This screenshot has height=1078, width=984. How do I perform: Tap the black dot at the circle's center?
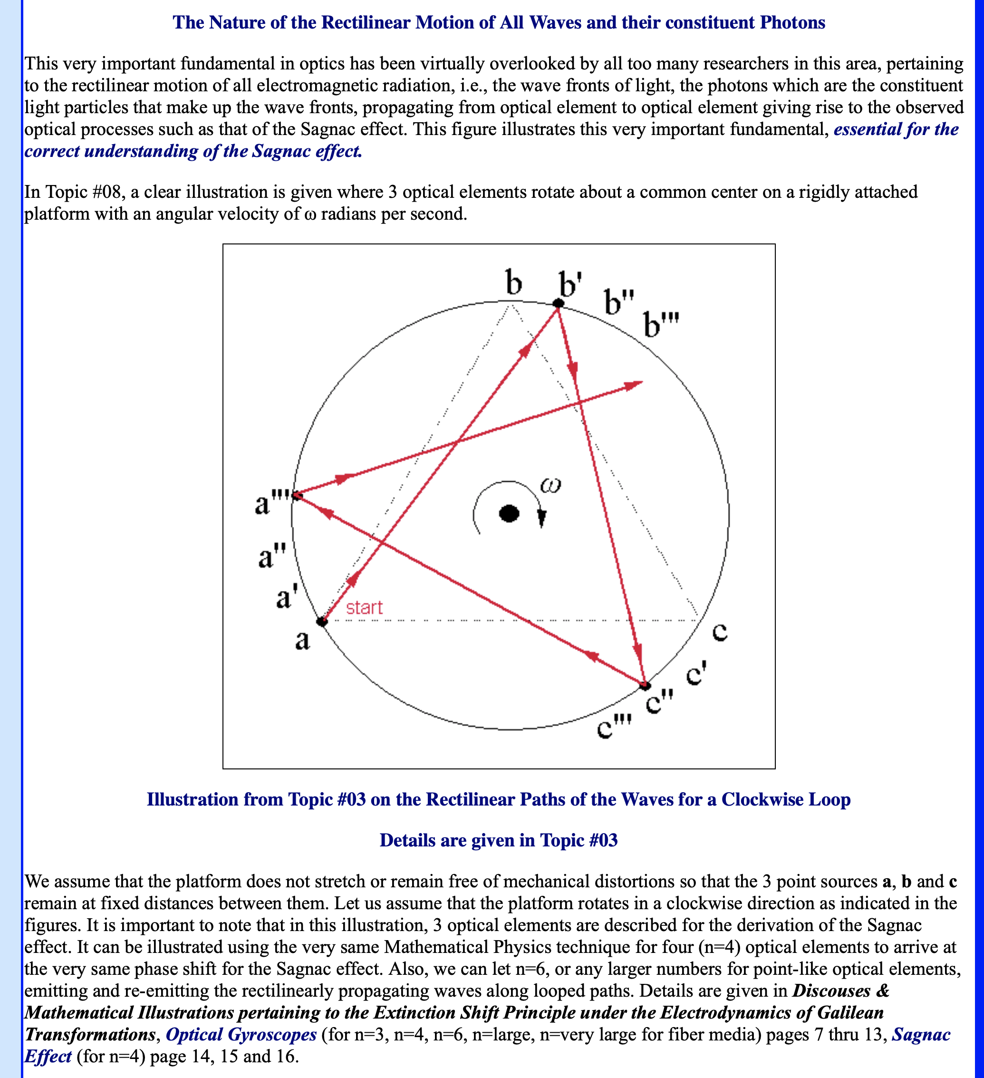(509, 514)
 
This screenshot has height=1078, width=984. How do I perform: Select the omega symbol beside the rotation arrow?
(550, 486)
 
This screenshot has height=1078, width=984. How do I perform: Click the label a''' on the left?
(271, 503)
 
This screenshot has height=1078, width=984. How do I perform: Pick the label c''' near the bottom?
(614, 727)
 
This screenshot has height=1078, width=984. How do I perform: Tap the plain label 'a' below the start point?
(302, 640)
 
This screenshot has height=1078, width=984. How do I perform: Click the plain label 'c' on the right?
(720, 632)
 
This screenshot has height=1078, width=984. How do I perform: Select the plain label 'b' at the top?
(514, 283)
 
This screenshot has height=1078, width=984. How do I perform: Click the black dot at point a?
(322, 622)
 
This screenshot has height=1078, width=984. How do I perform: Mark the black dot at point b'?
(558, 304)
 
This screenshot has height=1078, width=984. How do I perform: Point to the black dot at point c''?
(646, 686)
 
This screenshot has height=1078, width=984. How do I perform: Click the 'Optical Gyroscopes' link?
(241, 1034)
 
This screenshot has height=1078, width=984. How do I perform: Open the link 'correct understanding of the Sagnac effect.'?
(193, 151)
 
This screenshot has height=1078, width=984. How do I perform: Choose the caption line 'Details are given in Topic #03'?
(499, 840)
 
